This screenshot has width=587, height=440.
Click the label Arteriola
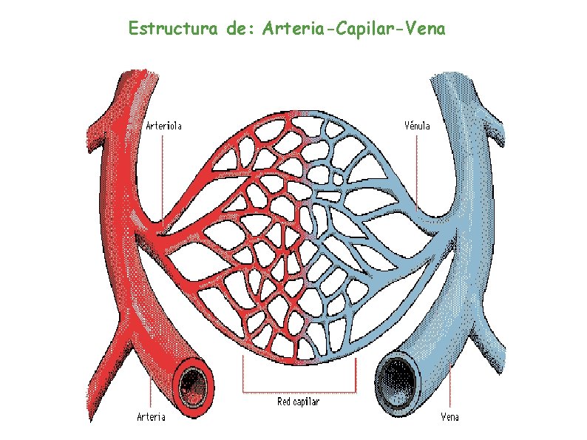[x=163, y=125]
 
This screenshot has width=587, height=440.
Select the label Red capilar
[x=298, y=402]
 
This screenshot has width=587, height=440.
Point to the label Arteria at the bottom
[x=152, y=417]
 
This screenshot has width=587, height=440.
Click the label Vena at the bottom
[x=449, y=417]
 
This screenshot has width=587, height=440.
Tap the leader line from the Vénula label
[x=417, y=170]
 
